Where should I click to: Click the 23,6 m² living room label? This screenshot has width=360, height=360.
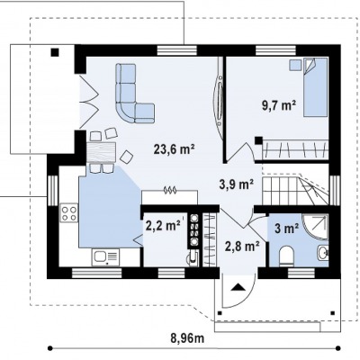174,149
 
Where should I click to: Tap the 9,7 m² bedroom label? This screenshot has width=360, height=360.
279,106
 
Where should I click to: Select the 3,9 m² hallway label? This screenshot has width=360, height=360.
237,184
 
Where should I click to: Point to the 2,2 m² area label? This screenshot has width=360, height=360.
163,226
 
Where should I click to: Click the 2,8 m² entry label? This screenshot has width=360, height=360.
242,247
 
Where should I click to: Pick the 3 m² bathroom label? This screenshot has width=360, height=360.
286,229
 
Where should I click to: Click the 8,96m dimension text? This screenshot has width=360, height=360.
187,338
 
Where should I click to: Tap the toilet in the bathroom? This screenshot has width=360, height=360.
286,256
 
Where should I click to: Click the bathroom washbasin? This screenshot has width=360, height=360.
323,253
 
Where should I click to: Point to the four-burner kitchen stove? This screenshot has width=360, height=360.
68,212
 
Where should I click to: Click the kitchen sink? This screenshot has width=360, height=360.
105,256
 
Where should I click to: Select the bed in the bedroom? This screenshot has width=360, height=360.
315,87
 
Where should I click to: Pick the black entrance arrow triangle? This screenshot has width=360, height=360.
238,287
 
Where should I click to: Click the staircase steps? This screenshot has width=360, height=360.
294,190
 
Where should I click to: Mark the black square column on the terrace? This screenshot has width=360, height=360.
55,52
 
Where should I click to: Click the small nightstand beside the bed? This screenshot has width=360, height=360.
295,65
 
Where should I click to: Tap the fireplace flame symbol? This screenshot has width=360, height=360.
169,190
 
